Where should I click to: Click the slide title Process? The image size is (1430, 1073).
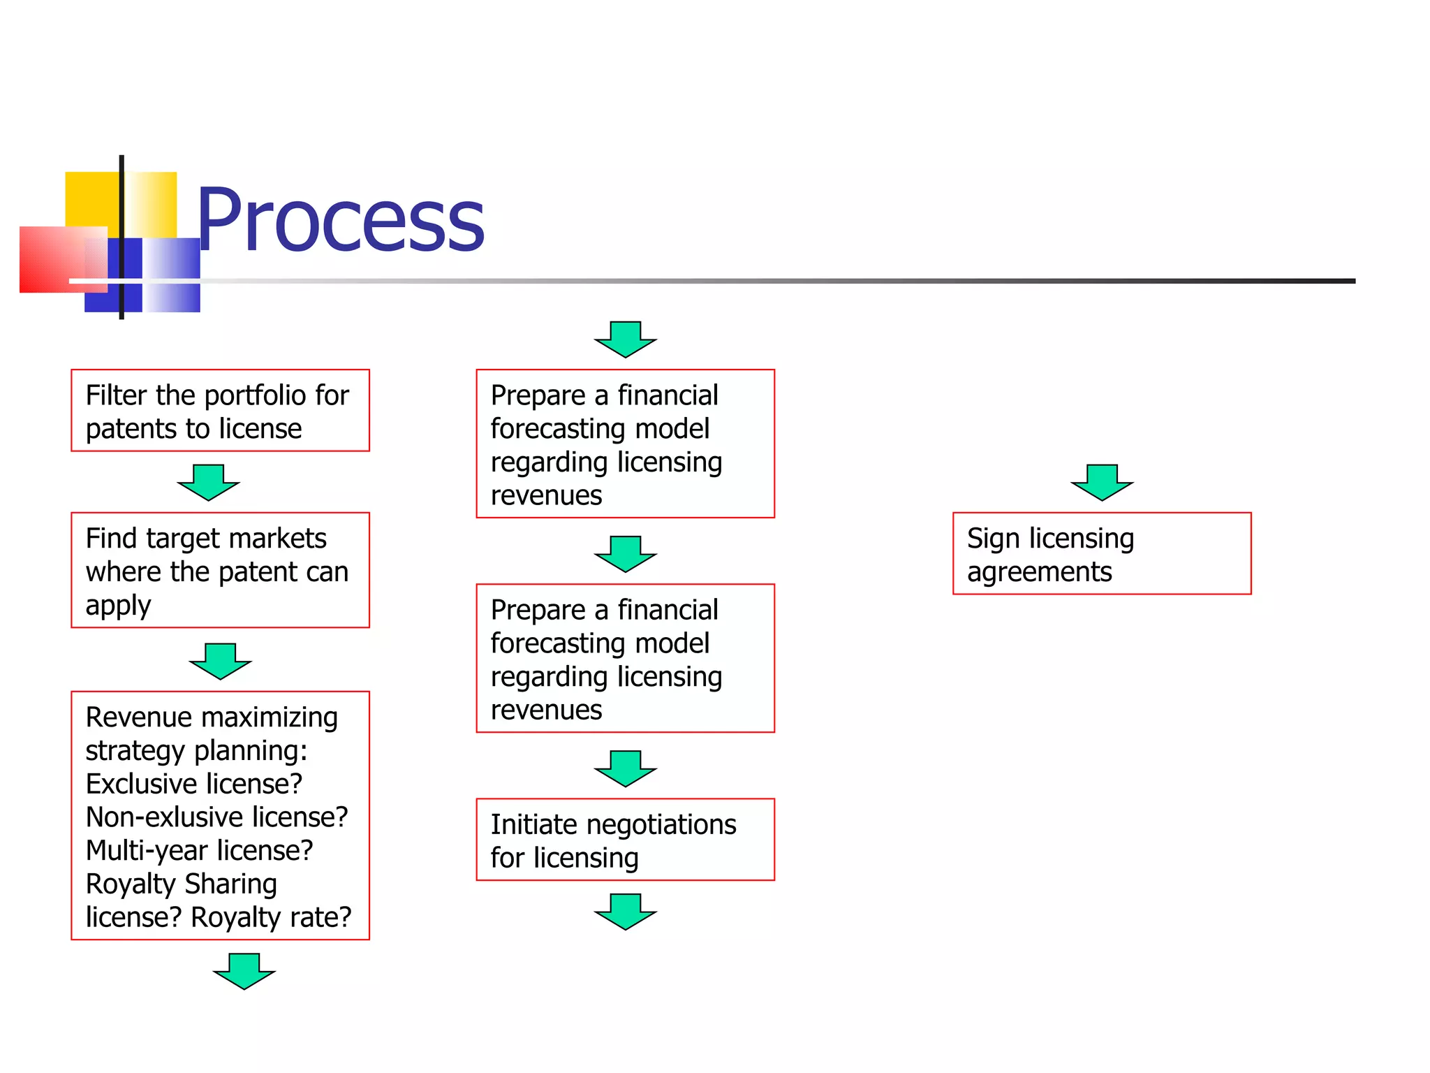[x=341, y=221]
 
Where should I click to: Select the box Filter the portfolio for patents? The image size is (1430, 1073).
[x=220, y=411]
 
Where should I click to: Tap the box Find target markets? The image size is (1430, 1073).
[x=220, y=571]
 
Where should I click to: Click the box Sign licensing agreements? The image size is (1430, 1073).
[x=1102, y=554]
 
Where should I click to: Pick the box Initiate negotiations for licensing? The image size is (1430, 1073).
[x=625, y=840]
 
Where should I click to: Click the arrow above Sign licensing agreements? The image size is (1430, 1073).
[x=1102, y=483]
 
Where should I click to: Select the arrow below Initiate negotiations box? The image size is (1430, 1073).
[x=625, y=912]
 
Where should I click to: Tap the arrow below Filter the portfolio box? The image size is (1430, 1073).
[x=208, y=483]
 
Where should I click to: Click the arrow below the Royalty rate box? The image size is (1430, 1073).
[x=244, y=972]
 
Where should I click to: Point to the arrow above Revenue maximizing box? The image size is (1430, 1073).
[x=220, y=662]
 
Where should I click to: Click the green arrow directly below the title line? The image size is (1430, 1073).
[x=625, y=340]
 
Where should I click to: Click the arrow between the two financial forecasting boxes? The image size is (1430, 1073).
[x=625, y=554]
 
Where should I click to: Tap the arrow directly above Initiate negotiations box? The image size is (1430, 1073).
[x=625, y=768]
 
